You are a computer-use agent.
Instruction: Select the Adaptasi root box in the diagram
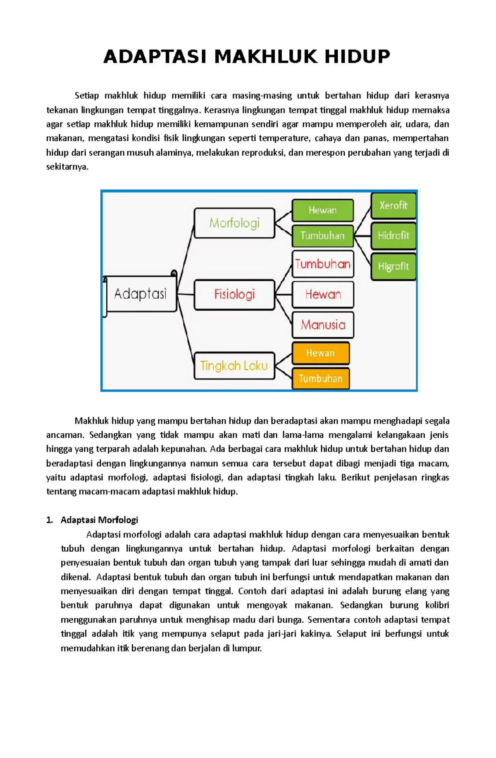pos(141,294)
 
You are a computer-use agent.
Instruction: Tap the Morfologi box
pos(234,223)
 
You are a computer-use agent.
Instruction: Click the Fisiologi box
pos(234,295)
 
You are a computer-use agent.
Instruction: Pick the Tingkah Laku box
pos(234,366)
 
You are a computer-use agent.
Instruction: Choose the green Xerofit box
pos(393,206)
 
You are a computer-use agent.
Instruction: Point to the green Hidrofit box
pos(393,236)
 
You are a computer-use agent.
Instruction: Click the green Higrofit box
pos(393,266)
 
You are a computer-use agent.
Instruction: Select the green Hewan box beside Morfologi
pos(322,210)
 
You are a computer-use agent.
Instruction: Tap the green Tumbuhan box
pos(322,236)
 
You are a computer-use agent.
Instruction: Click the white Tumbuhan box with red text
pos(323,264)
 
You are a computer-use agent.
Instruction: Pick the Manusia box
pos(323,325)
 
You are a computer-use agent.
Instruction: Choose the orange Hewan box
pos(320,353)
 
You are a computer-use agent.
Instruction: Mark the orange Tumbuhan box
pos(320,378)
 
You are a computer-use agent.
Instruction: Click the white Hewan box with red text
pos(323,295)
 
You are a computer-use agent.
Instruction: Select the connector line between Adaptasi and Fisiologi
pos(186,294)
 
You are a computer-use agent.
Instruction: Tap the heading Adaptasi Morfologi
pos(99,520)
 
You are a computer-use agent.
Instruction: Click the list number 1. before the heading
pos(50,520)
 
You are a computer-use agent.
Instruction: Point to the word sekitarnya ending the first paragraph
pos(67,167)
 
